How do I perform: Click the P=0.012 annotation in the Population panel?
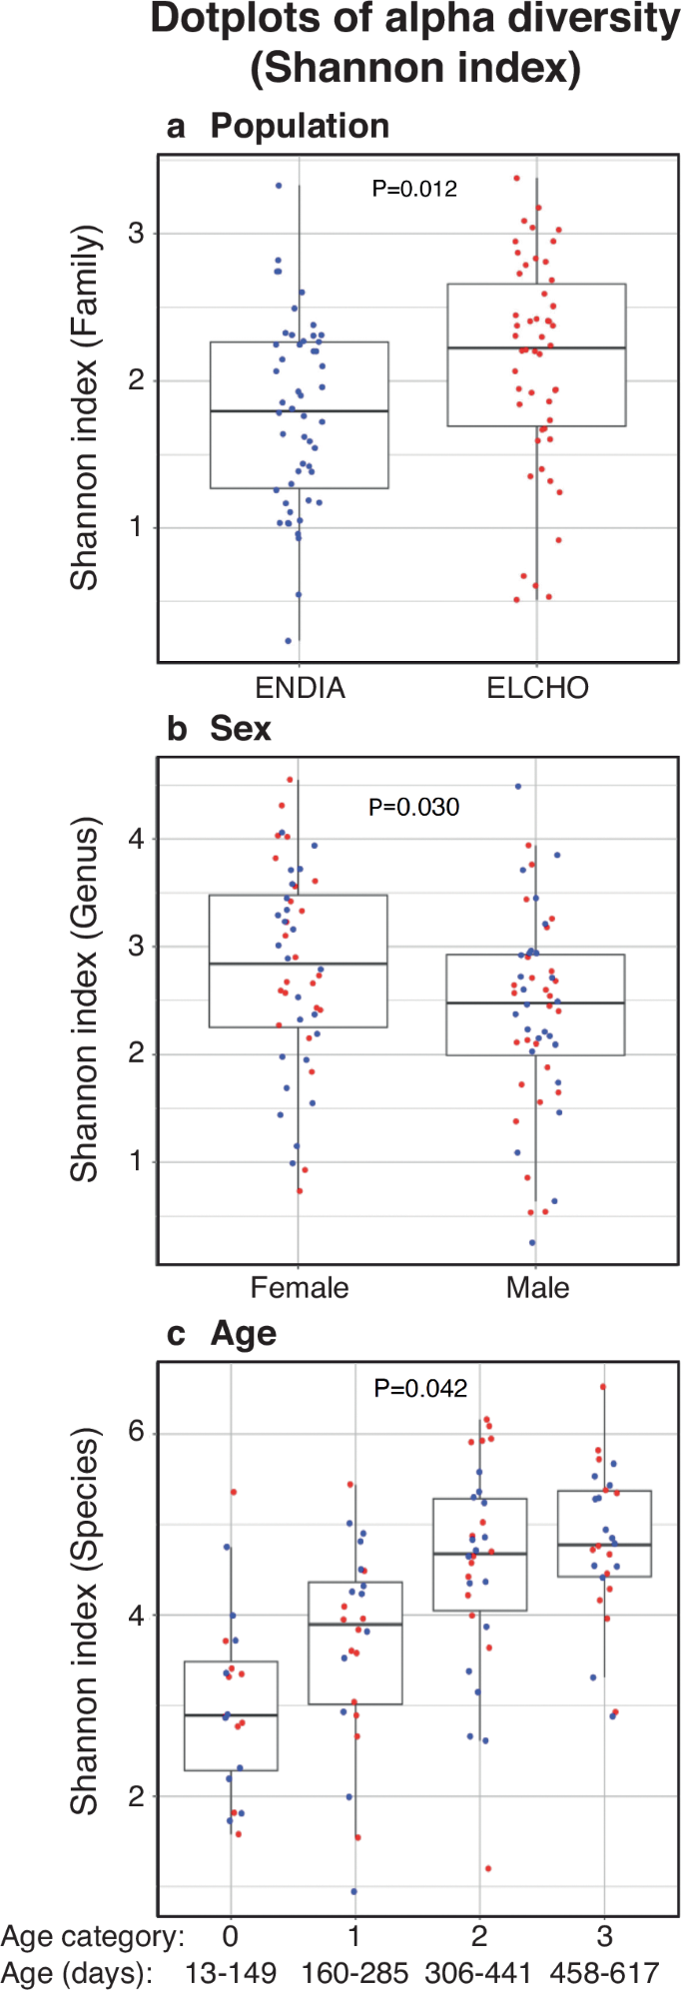[x=414, y=188]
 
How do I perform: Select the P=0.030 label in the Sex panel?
[x=413, y=807]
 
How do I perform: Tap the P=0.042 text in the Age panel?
[x=420, y=1388]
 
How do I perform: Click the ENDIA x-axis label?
[x=300, y=688]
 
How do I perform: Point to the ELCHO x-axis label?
[x=537, y=688]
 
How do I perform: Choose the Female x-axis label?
[x=300, y=1287]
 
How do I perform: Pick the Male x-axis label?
[x=537, y=1287]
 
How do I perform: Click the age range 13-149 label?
[x=231, y=1973]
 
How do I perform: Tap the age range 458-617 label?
[x=605, y=1973]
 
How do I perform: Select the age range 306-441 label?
[x=480, y=1973]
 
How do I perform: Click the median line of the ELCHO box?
[x=536, y=347]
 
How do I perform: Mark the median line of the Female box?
[x=298, y=964]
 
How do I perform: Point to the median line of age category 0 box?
[x=231, y=1715]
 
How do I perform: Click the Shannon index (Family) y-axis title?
[x=85, y=407]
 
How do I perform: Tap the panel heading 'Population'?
[x=300, y=127]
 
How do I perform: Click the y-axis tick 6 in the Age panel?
[x=136, y=1433]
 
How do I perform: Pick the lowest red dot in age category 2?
[x=488, y=1868]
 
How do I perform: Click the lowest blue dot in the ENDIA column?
[x=289, y=641]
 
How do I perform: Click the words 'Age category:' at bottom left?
[x=92, y=1937]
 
